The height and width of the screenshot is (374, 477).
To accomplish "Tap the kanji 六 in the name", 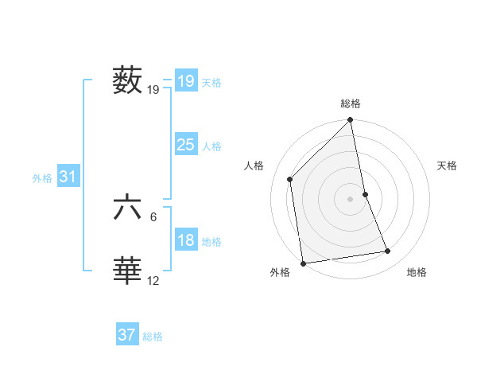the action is pyautogui.click(x=128, y=208).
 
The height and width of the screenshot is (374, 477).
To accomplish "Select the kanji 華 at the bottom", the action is pyautogui.click(x=128, y=271).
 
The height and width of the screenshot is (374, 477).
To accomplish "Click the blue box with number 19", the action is pyautogui.click(x=185, y=80).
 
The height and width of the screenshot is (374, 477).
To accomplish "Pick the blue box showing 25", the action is pyautogui.click(x=185, y=145).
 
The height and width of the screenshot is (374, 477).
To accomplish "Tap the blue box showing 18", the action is pyautogui.click(x=185, y=240).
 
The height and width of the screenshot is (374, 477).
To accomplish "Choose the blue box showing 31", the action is pyautogui.click(x=68, y=177).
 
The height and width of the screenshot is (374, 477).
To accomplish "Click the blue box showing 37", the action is pyautogui.click(x=127, y=335).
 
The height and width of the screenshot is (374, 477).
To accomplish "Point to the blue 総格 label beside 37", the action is pyautogui.click(x=153, y=337).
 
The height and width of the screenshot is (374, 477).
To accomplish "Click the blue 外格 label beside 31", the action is pyautogui.click(x=42, y=178).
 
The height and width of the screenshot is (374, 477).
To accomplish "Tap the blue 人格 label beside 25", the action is pyautogui.click(x=212, y=146).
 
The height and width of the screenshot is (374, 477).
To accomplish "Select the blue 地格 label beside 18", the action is pyautogui.click(x=212, y=242).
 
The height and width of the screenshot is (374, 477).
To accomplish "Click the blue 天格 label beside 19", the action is pyautogui.click(x=212, y=82).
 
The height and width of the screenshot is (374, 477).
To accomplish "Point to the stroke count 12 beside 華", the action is pyautogui.click(x=153, y=280).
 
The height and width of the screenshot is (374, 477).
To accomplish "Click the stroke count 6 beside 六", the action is pyautogui.click(x=153, y=216).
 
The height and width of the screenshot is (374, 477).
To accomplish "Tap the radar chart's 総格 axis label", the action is pyautogui.click(x=351, y=103).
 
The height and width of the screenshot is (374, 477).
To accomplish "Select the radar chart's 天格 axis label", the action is pyautogui.click(x=447, y=166).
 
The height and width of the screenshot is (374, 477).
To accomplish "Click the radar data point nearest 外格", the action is pyautogui.click(x=303, y=263).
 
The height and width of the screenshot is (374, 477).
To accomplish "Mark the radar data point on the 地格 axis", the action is pyautogui.click(x=388, y=251).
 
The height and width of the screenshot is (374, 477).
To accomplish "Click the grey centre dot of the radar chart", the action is pyautogui.click(x=351, y=198).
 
